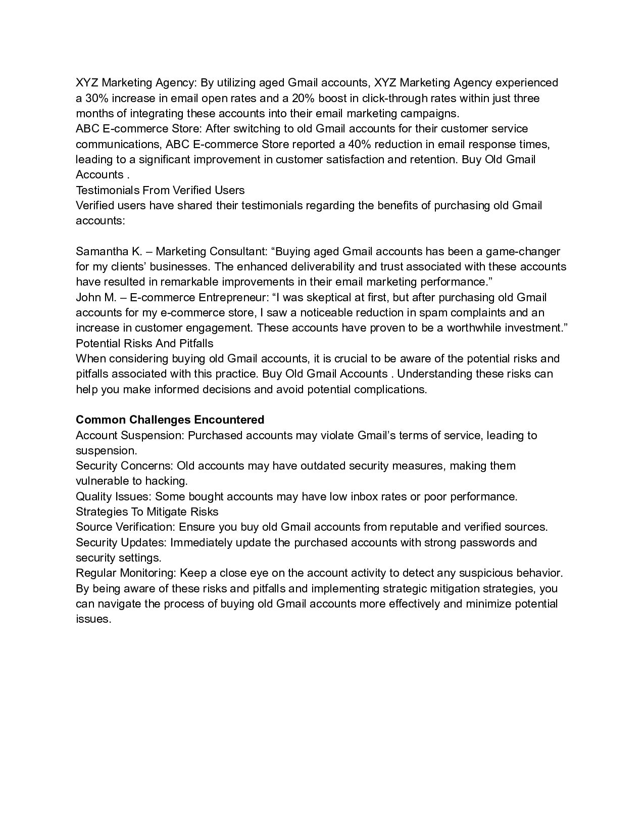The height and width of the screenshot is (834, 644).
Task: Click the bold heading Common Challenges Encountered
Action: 170,420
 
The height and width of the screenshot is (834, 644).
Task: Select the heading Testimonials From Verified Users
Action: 160,191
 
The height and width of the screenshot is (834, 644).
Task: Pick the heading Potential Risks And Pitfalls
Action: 144,344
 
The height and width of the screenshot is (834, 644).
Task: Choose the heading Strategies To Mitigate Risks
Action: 147,512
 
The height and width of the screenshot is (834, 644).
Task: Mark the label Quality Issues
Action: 114,497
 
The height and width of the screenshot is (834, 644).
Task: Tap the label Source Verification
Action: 125,527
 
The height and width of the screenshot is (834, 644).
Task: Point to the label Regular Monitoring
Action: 125,573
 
